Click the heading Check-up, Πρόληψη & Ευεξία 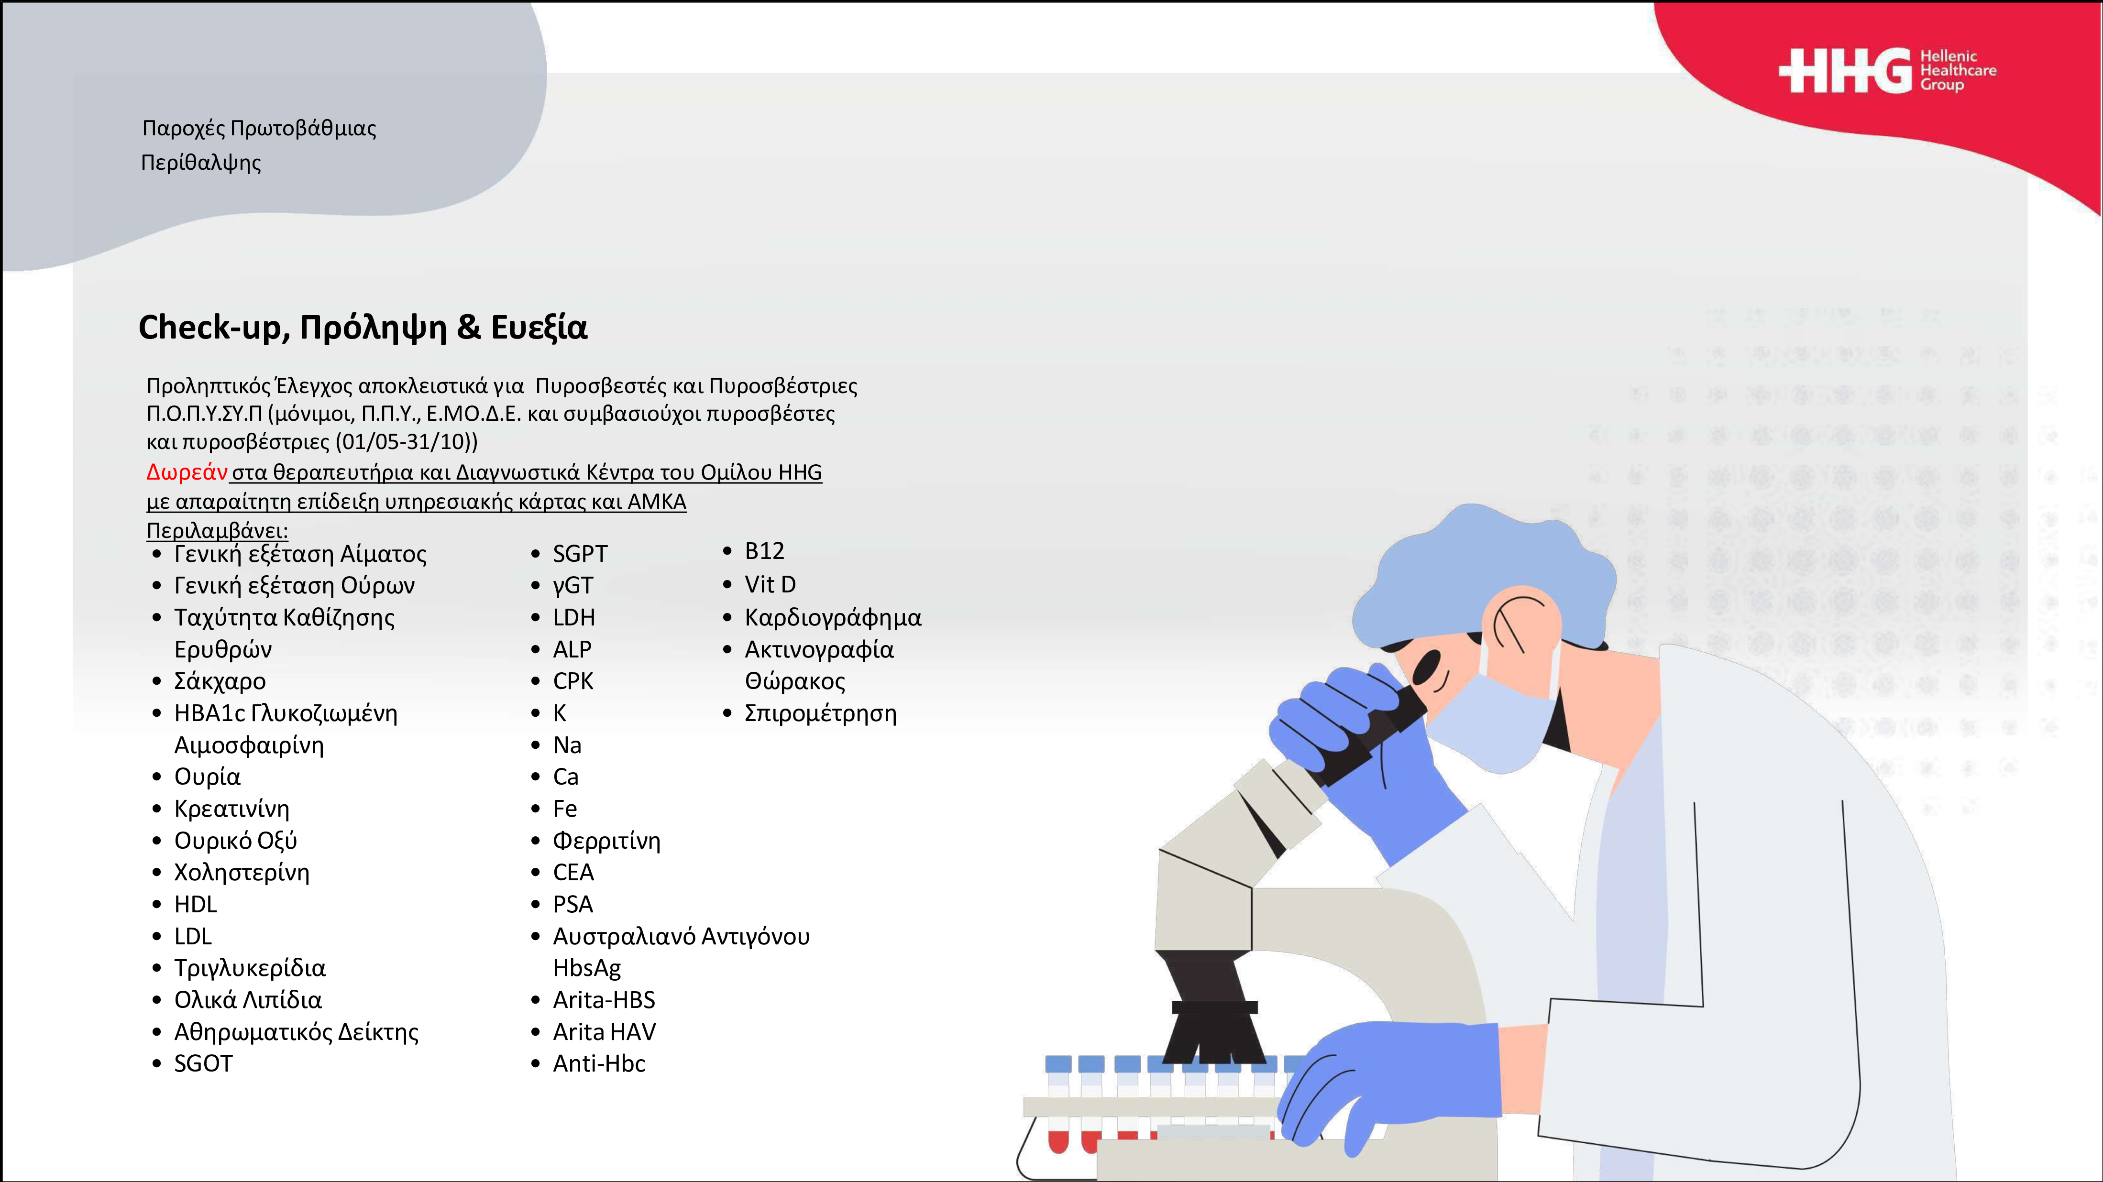pos(363,328)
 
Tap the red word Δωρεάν pos(187,472)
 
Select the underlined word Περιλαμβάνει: pos(217,531)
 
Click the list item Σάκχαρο pos(220,681)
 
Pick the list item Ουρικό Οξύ pos(235,840)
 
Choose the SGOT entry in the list pos(203,1063)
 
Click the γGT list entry pos(573,585)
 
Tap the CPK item pos(573,681)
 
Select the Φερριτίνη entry pos(606,840)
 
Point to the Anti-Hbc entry pos(599,1063)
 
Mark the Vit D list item pos(770,584)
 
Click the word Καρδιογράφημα pos(833,618)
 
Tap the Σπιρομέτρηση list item pos(820,713)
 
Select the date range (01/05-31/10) pos(406,442)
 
